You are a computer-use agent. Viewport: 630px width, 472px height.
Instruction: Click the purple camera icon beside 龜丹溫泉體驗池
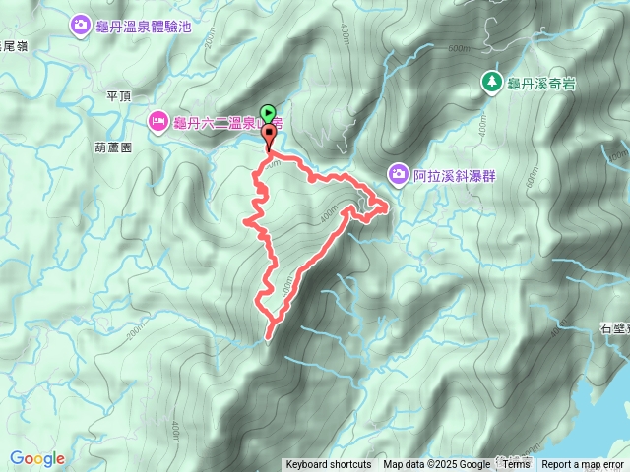click(x=80, y=25)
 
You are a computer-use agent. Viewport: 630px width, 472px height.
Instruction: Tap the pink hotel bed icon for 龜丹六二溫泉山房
click(x=157, y=121)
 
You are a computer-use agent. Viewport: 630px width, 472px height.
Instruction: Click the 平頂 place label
click(x=118, y=95)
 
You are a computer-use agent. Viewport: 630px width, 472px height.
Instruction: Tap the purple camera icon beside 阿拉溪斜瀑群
click(x=397, y=175)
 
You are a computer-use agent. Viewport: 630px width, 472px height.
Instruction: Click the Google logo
click(x=37, y=458)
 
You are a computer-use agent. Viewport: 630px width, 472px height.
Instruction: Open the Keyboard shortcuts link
click(x=329, y=465)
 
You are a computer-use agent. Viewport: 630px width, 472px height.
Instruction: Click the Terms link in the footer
click(x=516, y=465)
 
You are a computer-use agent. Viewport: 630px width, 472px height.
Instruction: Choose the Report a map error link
click(x=584, y=465)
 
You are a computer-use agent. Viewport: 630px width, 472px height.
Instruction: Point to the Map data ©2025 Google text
click(x=436, y=465)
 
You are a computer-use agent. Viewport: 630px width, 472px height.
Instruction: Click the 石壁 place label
click(x=614, y=329)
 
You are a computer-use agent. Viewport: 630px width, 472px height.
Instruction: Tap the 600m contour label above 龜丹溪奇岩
click(x=459, y=48)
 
